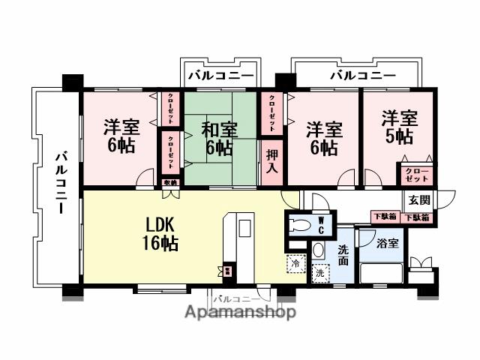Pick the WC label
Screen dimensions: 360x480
click(x=319, y=224)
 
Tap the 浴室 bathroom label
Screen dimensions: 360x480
click(x=389, y=244)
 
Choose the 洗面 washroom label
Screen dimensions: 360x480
click(x=343, y=255)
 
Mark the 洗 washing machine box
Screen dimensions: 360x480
click(x=320, y=274)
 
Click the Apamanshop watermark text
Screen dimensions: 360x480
click(x=239, y=312)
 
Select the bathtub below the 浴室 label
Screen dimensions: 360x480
click(x=382, y=273)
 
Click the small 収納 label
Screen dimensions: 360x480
click(x=170, y=182)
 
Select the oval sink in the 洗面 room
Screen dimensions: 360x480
click(x=318, y=250)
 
